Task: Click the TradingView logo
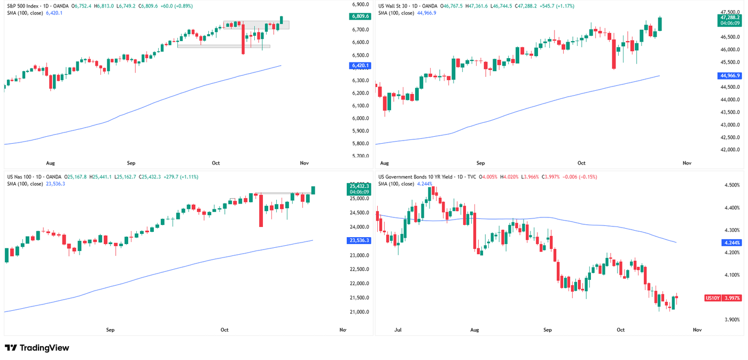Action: tap(37, 348)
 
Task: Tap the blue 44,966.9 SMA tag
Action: tap(729, 76)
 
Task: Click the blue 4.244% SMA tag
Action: tap(729, 242)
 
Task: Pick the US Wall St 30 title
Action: tap(398, 6)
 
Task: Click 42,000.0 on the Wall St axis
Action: tap(729, 150)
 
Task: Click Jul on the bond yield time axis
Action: tap(399, 330)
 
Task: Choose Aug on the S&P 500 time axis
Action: tap(51, 163)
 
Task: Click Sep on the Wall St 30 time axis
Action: tap(480, 163)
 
